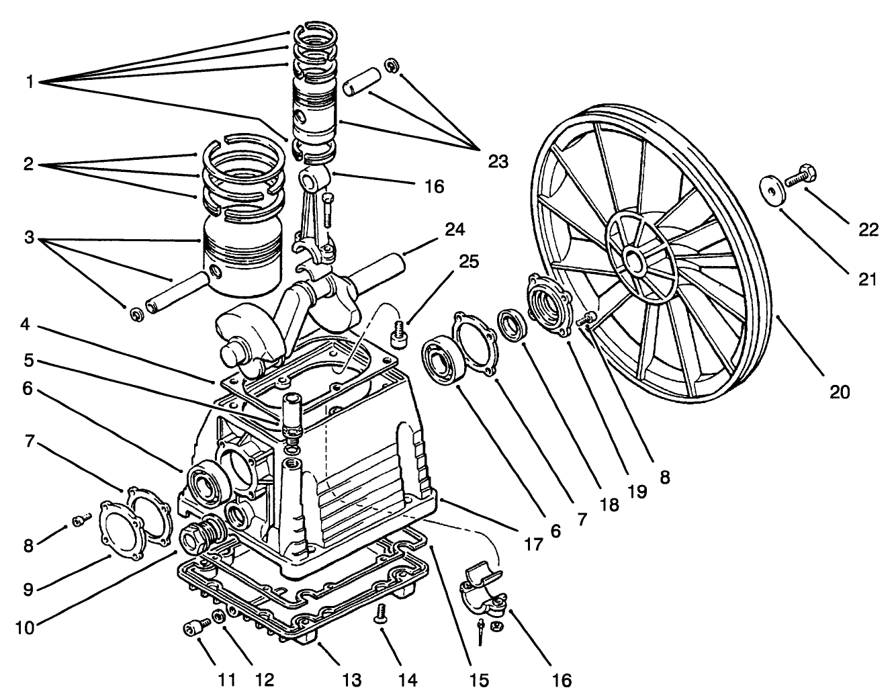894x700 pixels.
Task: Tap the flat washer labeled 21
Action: [774, 189]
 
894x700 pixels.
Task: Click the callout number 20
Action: [839, 392]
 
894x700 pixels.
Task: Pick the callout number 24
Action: [455, 230]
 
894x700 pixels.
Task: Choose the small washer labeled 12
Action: [218, 617]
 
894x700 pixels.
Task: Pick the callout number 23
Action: [498, 161]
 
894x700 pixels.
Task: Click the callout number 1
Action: [30, 82]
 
